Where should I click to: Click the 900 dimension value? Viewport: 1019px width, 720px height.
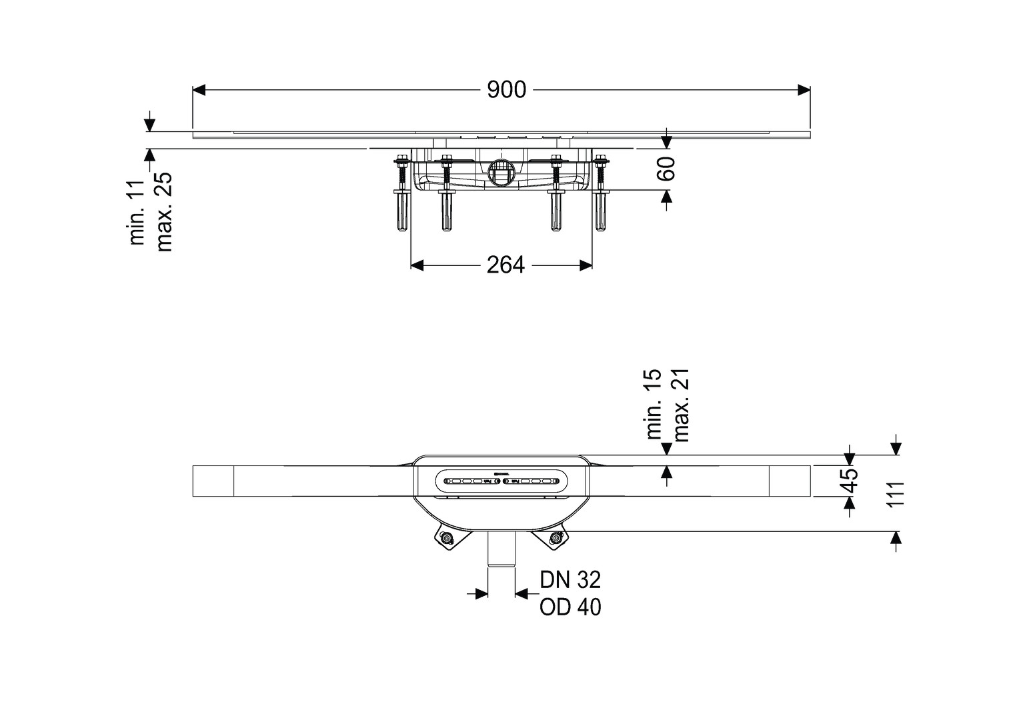[x=506, y=90]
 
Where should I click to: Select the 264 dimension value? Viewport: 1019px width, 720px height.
[x=505, y=265]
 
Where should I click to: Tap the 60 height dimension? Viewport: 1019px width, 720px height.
[x=666, y=168]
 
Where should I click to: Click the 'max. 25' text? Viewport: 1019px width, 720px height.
[x=164, y=211]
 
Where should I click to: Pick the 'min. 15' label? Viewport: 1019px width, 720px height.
[x=654, y=404]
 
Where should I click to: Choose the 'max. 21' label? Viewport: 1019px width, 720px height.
[x=681, y=405]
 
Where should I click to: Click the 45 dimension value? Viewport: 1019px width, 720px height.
[x=848, y=481]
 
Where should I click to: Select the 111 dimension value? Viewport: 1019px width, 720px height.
[x=894, y=494]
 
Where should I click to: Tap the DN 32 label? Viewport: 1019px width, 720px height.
[x=570, y=580]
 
